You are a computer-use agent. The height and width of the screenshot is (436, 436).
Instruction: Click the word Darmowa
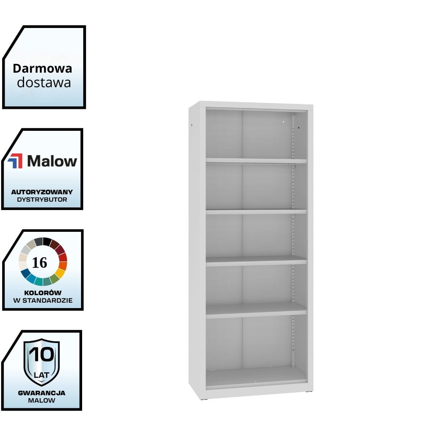(43, 68)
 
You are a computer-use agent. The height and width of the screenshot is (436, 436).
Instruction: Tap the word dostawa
(44, 82)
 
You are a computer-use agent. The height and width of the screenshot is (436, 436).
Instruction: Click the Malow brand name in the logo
(52, 161)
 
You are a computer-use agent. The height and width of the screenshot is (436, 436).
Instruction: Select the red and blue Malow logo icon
(15, 161)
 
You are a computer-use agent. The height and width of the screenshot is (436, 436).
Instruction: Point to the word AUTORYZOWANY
(42, 192)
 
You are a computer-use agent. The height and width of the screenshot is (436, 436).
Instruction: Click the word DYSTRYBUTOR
(42, 199)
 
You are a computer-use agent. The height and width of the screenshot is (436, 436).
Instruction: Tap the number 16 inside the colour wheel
(40, 262)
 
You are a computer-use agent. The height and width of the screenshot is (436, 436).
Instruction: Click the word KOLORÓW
(43, 292)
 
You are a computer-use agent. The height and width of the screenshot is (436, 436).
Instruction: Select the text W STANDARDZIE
(43, 300)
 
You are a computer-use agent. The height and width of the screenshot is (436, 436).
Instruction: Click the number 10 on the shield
(42, 355)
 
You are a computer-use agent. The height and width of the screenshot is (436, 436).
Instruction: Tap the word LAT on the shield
(42, 375)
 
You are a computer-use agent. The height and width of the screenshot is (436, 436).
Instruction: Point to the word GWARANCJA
(42, 393)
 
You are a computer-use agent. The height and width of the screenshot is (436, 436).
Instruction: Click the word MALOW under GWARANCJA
(42, 400)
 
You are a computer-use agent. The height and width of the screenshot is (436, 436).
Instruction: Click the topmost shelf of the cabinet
(256, 161)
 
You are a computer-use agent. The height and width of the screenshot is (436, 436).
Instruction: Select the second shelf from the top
(256, 211)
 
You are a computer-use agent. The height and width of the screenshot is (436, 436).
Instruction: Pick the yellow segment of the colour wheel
(60, 272)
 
